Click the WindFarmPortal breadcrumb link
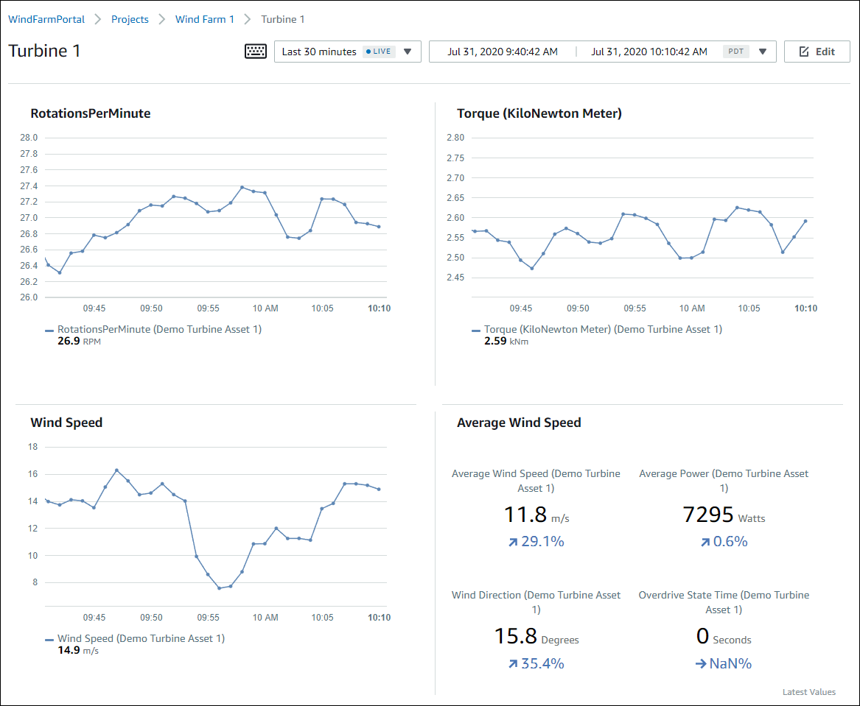point(46,19)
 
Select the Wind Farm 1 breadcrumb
point(204,19)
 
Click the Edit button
point(817,52)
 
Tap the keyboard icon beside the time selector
point(256,52)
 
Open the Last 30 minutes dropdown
point(347,52)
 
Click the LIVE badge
point(379,52)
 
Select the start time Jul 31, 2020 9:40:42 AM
point(503,52)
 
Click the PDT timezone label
point(735,52)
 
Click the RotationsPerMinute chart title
point(91,113)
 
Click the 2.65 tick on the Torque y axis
point(455,197)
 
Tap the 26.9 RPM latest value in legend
point(68,342)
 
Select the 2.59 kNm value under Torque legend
point(495,342)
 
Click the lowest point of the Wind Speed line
point(219,588)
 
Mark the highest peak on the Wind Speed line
point(116,470)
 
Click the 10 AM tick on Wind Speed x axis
point(265,618)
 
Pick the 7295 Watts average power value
point(708,515)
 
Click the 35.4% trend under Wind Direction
point(535,664)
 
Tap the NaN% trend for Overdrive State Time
point(723,664)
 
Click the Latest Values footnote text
point(809,692)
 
